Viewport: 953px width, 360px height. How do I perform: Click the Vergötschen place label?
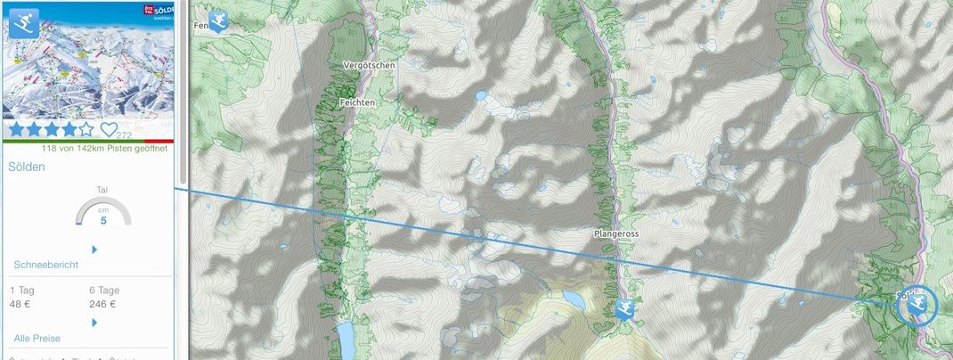coord(369,65)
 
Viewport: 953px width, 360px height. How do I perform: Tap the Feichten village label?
coord(358,103)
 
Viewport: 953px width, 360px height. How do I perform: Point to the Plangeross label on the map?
coord(617,233)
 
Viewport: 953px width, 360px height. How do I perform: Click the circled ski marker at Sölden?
coord(917,305)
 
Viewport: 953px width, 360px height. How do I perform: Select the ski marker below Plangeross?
coord(625,310)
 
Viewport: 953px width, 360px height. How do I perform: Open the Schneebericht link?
coord(46,266)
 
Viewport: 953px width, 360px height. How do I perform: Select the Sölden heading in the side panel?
coord(27,167)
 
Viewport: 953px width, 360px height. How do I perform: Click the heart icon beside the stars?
coord(110,130)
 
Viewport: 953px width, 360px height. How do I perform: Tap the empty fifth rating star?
coord(86,130)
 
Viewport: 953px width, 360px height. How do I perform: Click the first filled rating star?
coord(17,130)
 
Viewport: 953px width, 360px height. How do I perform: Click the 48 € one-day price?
coord(20,304)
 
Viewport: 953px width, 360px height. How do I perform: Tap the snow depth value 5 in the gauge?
coord(103,220)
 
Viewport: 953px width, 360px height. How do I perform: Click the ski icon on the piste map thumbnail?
coord(24,22)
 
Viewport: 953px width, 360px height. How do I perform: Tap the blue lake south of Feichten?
coord(344,338)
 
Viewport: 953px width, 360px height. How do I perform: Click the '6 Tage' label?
coord(105,290)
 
